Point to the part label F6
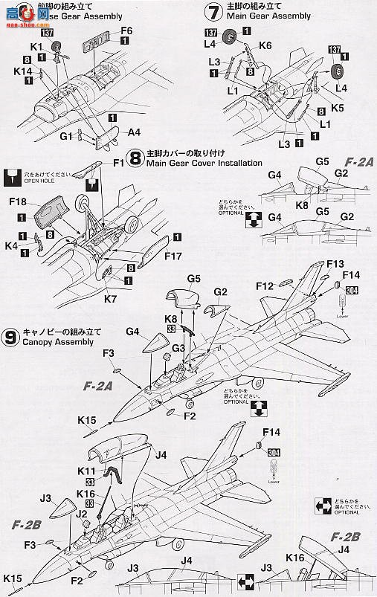point(126,30)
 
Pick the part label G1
point(66,136)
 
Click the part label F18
point(20,203)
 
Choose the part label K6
point(265,45)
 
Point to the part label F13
point(335,264)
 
